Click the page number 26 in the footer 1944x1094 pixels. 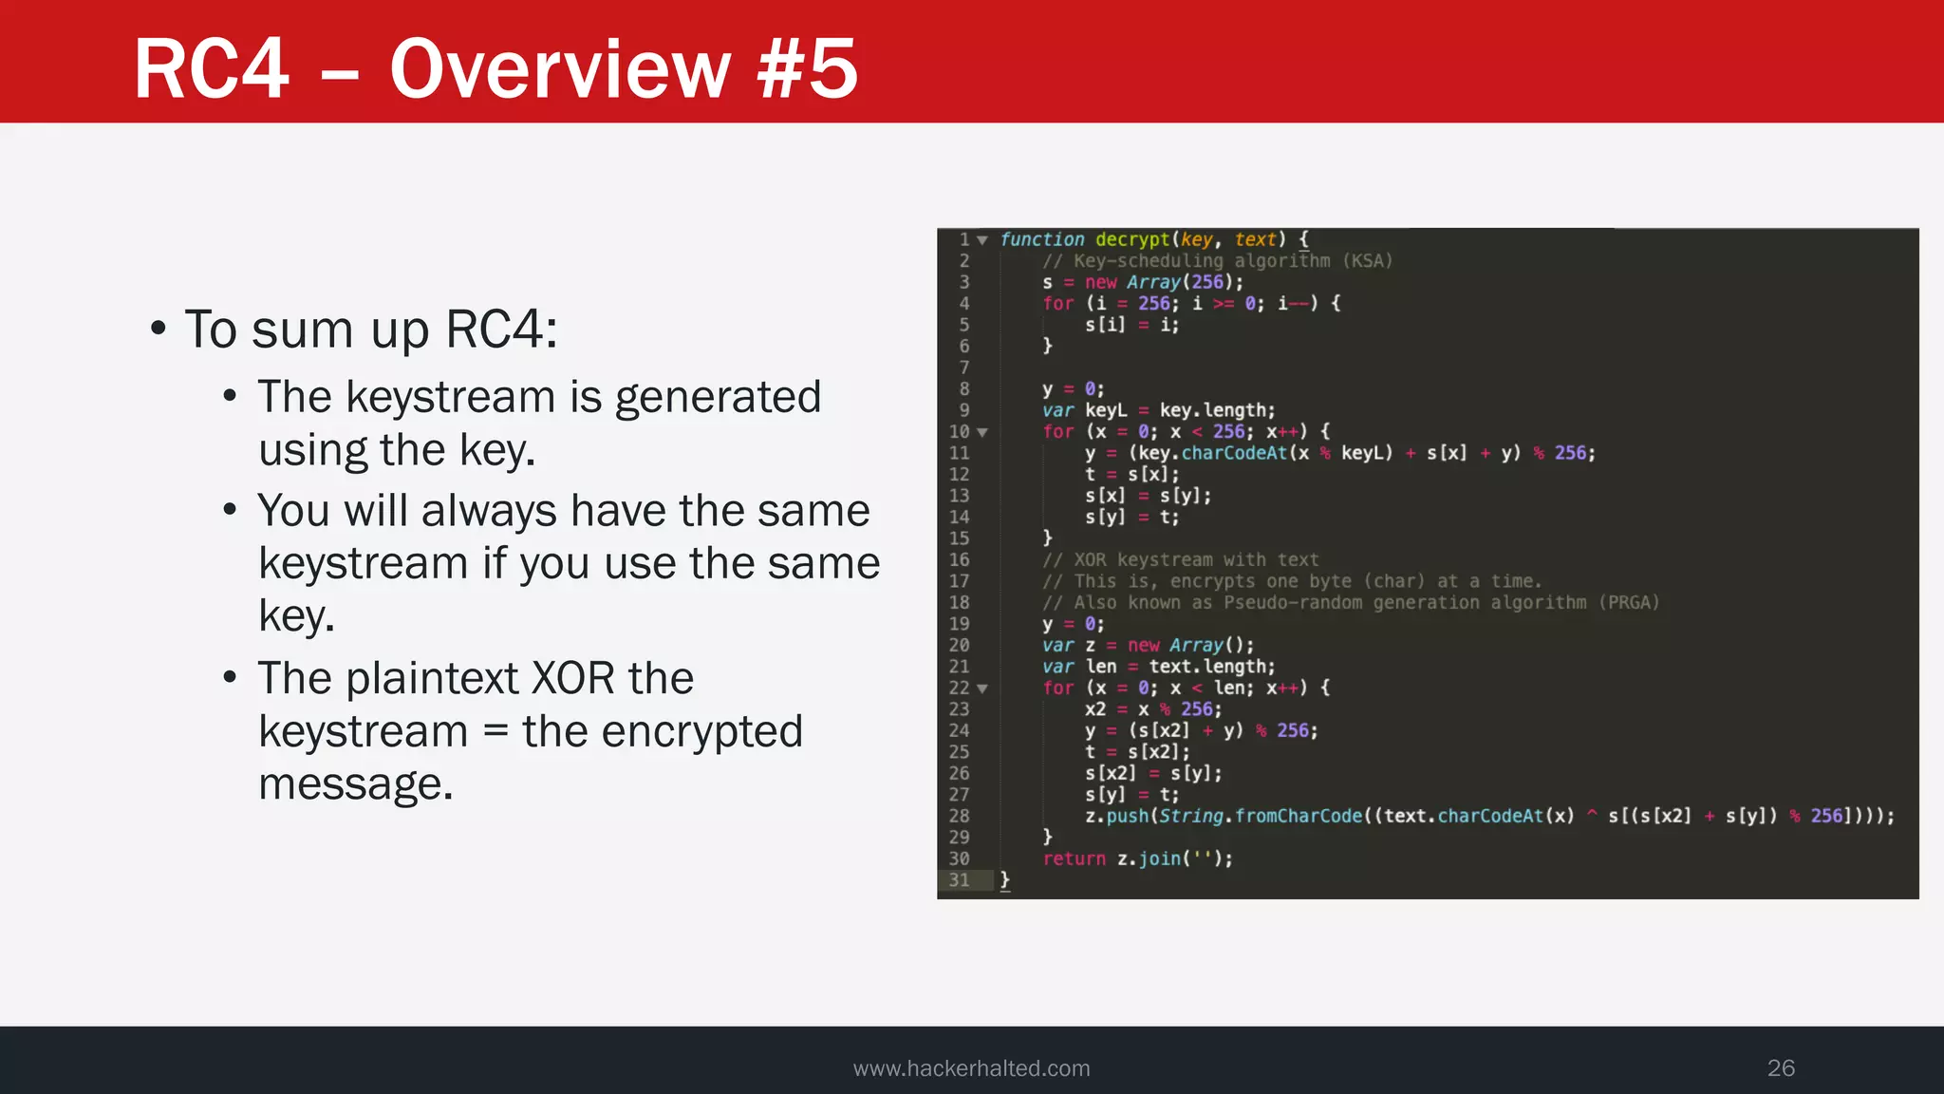1781,1067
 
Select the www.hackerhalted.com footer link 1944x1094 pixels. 971,1068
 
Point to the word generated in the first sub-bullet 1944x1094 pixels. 718,397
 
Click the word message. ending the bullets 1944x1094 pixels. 356,784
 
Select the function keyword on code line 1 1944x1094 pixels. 1041,239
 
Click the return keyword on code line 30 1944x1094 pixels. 1074,858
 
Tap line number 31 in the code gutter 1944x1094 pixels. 959,880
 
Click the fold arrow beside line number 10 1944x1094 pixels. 982,432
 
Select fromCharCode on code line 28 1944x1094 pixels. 1298,816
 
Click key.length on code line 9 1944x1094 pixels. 1217,410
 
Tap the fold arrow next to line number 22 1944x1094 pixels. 982,688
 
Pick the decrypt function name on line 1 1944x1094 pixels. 1132,239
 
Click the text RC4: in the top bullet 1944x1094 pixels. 501,330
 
